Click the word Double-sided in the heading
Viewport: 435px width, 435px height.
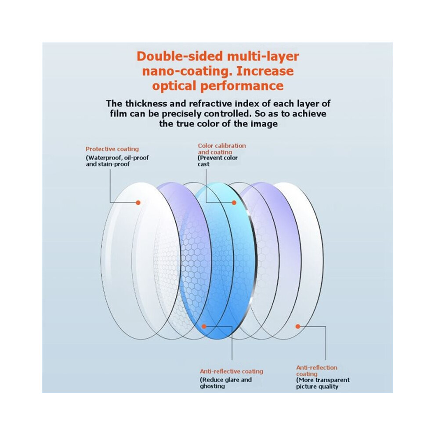point(180,56)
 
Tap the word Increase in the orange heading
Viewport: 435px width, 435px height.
point(265,71)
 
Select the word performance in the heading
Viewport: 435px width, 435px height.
point(242,86)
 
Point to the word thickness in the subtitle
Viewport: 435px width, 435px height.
point(146,104)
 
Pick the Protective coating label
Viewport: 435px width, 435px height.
point(112,149)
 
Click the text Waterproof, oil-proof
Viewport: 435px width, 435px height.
point(117,158)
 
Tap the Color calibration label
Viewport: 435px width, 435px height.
point(221,145)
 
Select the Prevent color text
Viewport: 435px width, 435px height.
point(218,158)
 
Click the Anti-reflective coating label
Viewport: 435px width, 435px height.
point(232,371)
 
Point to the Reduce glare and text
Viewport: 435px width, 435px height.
point(226,380)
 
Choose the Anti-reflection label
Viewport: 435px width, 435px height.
point(316,368)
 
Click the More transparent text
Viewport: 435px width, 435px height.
point(323,380)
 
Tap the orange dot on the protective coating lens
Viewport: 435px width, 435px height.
point(138,203)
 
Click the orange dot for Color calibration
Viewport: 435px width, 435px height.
point(234,203)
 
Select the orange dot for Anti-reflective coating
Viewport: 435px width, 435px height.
point(204,326)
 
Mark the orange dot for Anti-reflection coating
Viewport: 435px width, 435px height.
point(298,326)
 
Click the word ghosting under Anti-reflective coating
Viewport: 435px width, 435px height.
point(212,387)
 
